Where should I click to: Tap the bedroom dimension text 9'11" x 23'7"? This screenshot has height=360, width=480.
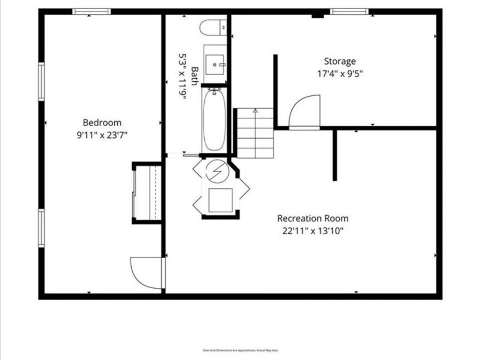pyautogui.click(x=102, y=135)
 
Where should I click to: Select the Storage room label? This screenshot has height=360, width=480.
pyautogui.click(x=340, y=61)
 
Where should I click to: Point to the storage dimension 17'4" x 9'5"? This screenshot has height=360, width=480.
pyautogui.click(x=340, y=74)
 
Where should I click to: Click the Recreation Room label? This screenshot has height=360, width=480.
pyautogui.click(x=313, y=218)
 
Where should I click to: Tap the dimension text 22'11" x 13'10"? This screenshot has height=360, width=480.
pyautogui.click(x=313, y=231)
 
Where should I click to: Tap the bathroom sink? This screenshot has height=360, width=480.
pyautogui.click(x=216, y=64)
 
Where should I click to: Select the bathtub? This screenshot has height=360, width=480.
pyautogui.click(x=214, y=119)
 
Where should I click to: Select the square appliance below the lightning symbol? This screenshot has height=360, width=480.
pyautogui.click(x=218, y=200)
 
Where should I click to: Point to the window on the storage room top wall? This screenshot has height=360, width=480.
pyautogui.click(x=349, y=11)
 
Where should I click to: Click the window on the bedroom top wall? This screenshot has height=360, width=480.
pyautogui.click(x=91, y=11)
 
